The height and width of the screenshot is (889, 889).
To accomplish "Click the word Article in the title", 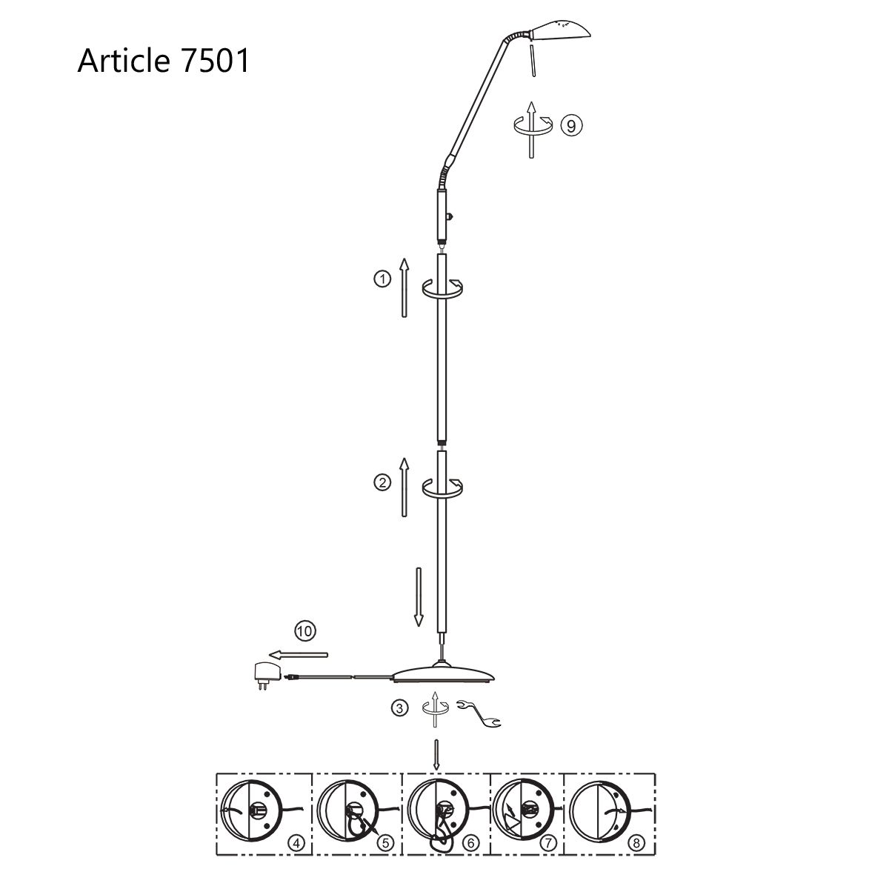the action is (x=123, y=61).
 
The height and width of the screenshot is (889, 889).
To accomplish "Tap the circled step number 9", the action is (x=572, y=125).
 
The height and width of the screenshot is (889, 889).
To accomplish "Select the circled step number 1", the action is (x=382, y=279).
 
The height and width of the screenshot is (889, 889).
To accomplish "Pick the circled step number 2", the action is (x=382, y=483).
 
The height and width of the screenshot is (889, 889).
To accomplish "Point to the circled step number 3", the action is (x=399, y=707).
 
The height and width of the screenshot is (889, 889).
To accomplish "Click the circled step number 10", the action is (x=305, y=630).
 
